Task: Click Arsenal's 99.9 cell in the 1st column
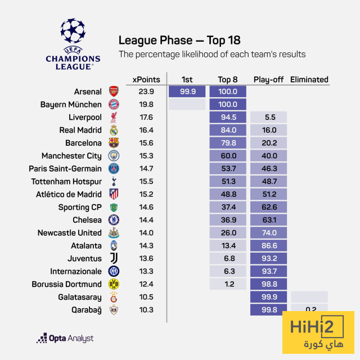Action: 187,92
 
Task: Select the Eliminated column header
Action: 309,79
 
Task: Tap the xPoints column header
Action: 146,79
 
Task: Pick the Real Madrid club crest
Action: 114,130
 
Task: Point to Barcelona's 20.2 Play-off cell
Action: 269,143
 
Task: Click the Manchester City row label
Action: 71,156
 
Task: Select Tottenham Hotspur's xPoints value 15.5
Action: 146,182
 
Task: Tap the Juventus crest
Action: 114,259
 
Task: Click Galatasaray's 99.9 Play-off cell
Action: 269,297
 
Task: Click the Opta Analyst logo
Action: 65,338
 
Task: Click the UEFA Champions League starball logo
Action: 73,33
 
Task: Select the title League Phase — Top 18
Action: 179,40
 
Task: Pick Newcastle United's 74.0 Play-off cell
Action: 269,233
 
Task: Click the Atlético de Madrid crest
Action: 114,195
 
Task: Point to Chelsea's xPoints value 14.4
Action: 146,220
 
